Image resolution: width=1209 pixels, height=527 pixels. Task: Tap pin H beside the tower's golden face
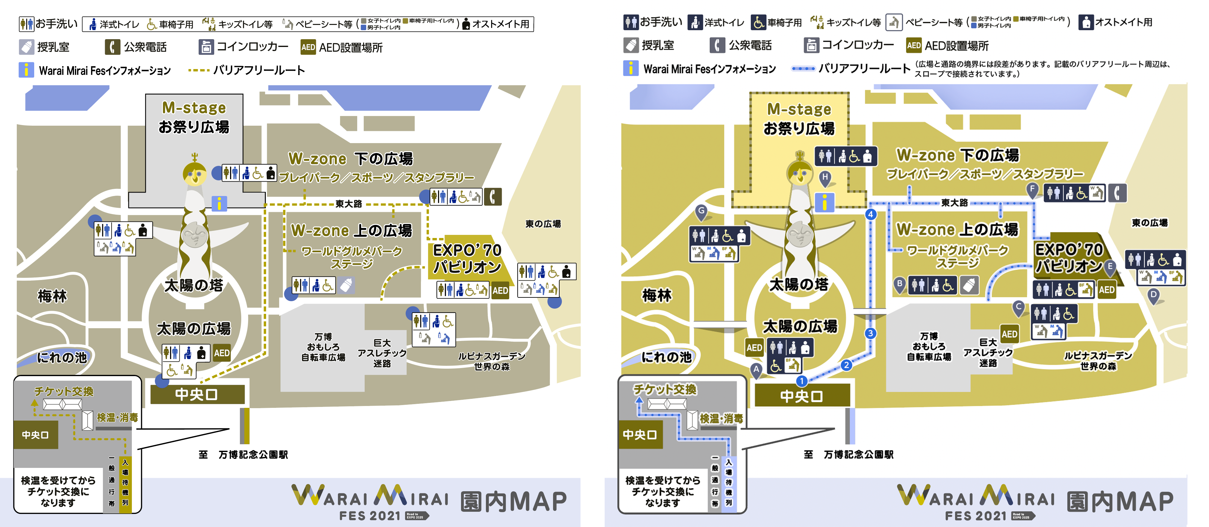[x=825, y=178]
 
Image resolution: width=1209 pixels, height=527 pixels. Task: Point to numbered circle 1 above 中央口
[x=802, y=380]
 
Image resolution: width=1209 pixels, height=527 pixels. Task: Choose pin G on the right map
[x=701, y=211]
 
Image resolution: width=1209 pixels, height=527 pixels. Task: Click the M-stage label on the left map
[x=194, y=108]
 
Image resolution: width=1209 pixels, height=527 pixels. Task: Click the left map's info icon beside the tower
[x=219, y=203]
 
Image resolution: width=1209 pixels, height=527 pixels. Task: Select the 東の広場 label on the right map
[x=1149, y=223]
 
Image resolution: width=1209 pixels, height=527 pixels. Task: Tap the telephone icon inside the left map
[x=493, y=196]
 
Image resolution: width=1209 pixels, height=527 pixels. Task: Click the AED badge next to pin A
[x=754, y=347]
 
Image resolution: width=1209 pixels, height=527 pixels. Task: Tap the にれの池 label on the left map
[x=62, y=357]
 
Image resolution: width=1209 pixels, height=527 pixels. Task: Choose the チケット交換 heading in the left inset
[x=64, y=391]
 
